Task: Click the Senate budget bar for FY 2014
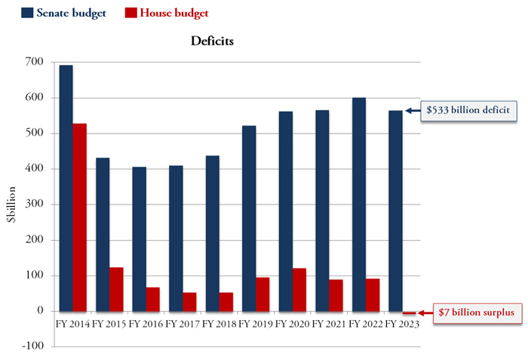coord(66,188)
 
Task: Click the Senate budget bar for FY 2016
coord(140,238)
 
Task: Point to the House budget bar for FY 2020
coord(299,290)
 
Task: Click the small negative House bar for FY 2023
coord(409,312)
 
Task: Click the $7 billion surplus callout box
coord(476,312)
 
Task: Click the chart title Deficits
coord(212,41)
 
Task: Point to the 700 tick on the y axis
coord(35,62)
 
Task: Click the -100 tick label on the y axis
coord(32,346)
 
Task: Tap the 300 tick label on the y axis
coord(35,205)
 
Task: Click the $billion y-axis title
coord(10,204)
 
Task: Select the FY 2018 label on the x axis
coord(219,324)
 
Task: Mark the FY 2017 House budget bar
coord(189,302)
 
